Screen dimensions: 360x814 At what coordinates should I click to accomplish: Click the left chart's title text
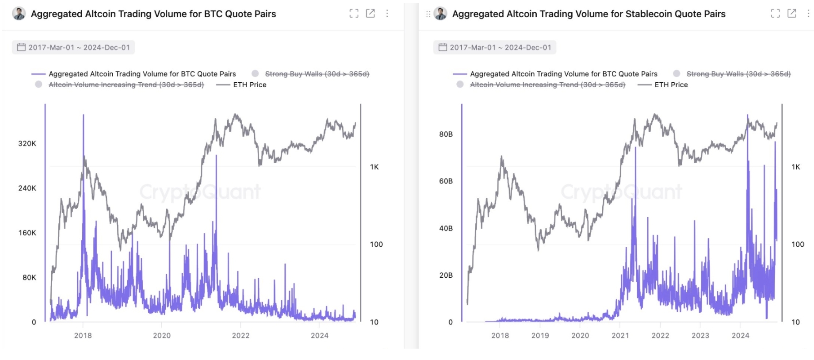153,14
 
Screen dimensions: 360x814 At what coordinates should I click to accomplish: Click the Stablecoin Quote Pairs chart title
588,14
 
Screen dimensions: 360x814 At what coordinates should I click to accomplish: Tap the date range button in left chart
74,47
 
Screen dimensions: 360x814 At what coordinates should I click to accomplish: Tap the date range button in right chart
495,47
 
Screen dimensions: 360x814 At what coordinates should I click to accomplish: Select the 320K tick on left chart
27,144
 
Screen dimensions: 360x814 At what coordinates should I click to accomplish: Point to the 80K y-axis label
29,277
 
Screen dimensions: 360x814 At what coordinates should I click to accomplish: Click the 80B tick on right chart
446,134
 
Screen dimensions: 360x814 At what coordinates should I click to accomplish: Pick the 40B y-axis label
446,228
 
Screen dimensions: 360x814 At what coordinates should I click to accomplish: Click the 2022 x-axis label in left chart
240,335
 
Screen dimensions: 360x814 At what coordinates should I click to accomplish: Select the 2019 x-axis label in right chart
540,335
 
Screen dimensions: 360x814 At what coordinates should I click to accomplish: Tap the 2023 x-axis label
700,335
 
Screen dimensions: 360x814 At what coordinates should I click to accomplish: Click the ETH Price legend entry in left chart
250,85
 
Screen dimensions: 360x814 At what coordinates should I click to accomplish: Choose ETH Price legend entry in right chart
671,85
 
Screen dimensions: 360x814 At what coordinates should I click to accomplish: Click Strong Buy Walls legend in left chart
317,74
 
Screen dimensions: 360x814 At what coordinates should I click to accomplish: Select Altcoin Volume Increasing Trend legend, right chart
547,85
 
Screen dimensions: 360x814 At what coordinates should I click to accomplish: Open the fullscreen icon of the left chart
354,14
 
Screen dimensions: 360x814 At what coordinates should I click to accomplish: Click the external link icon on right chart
792,14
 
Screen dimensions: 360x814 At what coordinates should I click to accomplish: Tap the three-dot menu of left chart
387,14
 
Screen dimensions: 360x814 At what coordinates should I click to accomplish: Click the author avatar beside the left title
19,14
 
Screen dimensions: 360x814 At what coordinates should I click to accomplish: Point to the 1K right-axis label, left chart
374,167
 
